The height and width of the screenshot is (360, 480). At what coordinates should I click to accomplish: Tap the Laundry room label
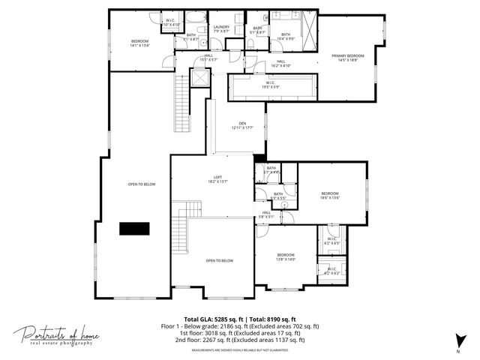pos(221,28)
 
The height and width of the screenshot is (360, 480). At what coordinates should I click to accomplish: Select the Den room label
pos(242,125)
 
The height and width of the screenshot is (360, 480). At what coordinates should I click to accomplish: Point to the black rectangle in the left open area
pos(133,229)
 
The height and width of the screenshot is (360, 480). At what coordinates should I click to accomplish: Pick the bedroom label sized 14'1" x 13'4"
pos(140,43)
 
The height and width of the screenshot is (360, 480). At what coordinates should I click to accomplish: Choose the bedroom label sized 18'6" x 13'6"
pos(330,195)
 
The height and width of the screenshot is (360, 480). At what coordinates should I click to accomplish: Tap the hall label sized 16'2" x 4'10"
pos(280,64)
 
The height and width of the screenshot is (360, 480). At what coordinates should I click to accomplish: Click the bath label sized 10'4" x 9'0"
pos(286,36)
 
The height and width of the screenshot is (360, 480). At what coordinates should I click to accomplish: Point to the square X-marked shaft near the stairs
pos(200,77)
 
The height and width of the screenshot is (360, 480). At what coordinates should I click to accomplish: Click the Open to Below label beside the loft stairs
pos(220,260)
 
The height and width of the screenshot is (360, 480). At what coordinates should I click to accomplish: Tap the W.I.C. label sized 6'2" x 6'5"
pos(332,241)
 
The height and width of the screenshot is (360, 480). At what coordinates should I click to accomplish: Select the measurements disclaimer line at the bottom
pos(240,350)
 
